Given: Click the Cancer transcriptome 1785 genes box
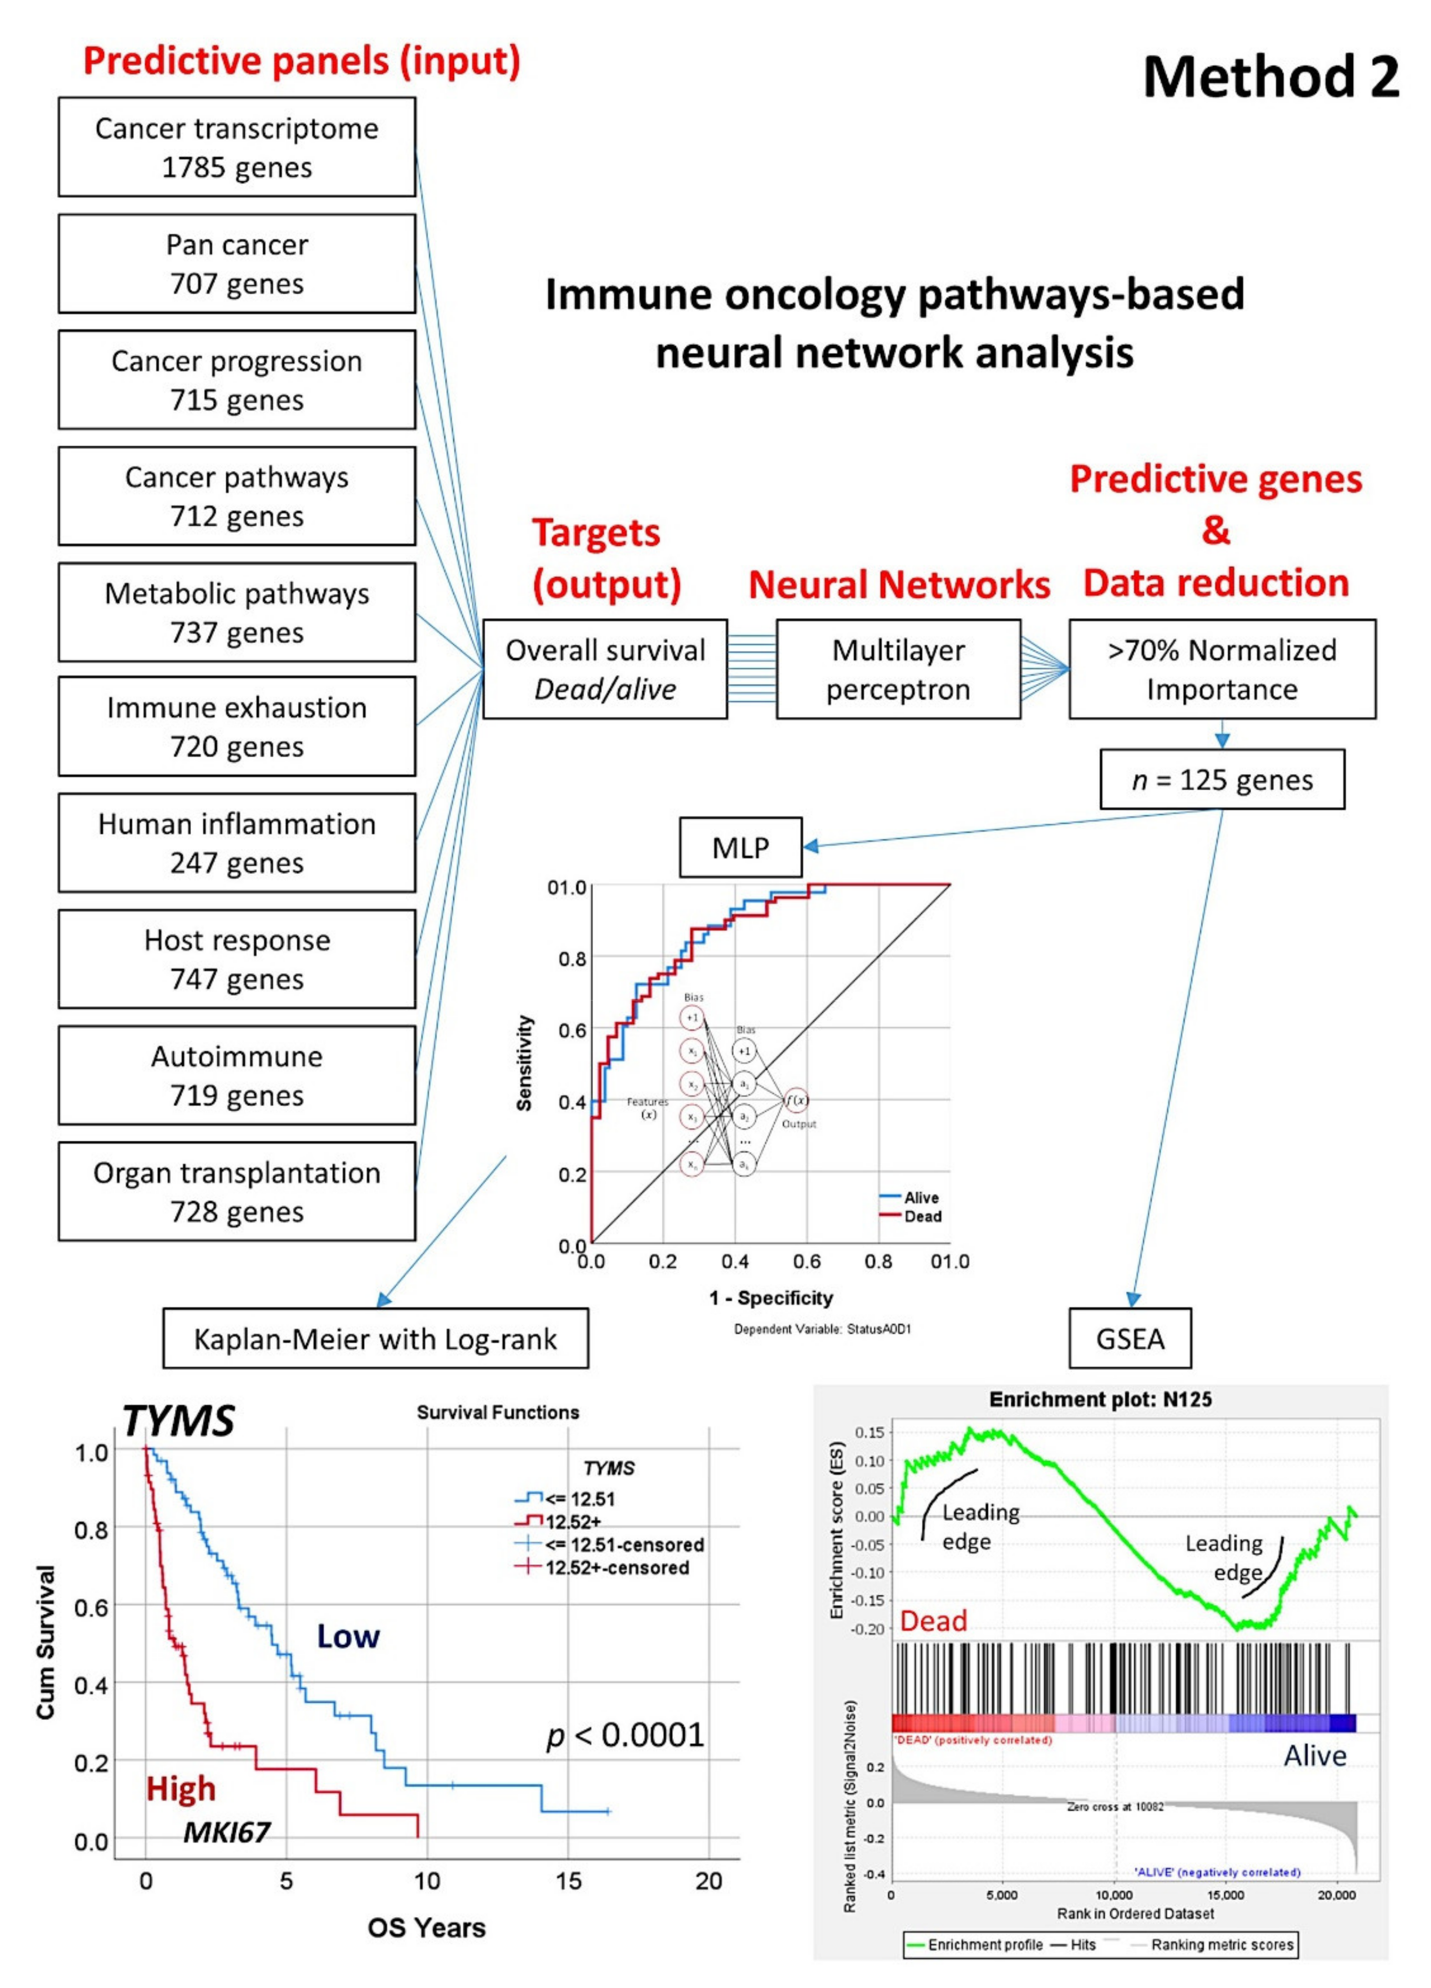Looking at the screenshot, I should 237,147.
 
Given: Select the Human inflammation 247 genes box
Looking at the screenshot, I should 237,843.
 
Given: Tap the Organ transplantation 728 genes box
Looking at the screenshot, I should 237,1191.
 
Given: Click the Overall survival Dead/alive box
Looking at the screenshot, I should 605,670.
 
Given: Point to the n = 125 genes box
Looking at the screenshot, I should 1222,779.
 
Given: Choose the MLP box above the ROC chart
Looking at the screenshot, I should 740,848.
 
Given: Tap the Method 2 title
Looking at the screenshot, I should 1271,77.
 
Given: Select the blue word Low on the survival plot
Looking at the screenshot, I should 348,1636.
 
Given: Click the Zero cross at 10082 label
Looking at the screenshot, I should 1115,1807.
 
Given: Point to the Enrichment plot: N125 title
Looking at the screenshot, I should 1101,1399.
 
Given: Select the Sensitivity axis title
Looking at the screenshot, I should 524,1063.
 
